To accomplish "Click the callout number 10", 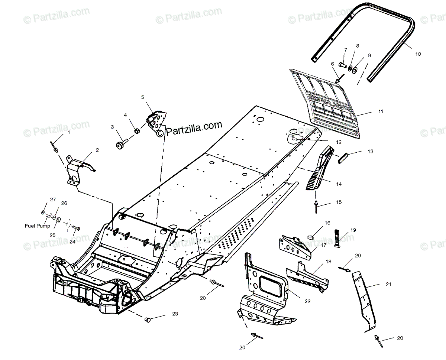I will click(418, 54).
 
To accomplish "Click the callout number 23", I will click(175, 314).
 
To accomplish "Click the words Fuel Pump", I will click(37, 226).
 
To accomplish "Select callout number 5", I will click(142, 97).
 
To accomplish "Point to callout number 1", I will click(68, 132).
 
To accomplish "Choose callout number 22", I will click(307, 301).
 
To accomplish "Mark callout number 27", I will click(53, 200).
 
